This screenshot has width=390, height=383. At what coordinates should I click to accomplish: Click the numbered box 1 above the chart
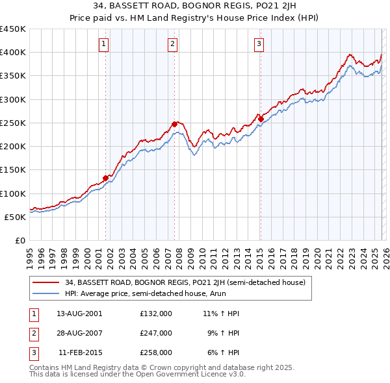click(104, 44)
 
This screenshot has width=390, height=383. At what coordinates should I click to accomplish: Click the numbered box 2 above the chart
click(172, 44)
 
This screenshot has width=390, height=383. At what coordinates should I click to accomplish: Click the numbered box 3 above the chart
click(259, 44)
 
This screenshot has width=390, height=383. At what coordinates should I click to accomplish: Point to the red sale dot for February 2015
click(260, 119)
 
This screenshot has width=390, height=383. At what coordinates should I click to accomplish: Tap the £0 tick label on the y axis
click(19, 240)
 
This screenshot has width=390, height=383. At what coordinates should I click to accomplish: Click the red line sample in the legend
click(47, 282)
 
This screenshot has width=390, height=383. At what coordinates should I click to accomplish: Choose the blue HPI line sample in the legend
click(47, 293)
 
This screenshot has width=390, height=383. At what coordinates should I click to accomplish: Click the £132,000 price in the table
click(156, 314)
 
